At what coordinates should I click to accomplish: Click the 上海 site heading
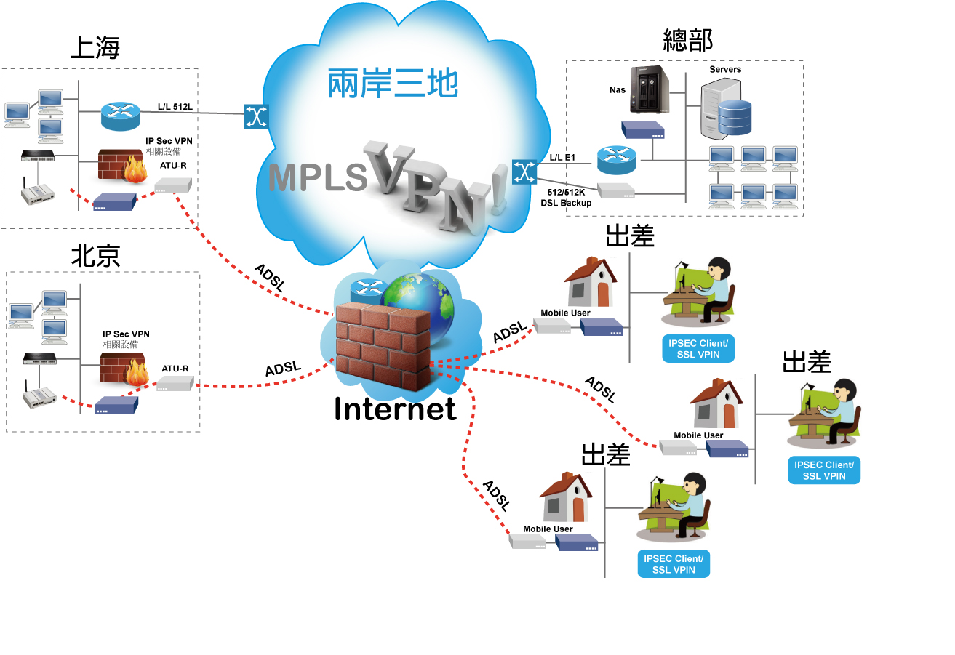click(95, 47)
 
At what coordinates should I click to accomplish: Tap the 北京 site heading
click(95, 255)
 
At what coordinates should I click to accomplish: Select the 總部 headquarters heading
click(687, 40)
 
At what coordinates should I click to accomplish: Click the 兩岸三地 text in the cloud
click(393, 84)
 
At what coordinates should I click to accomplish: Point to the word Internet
click(395, 409)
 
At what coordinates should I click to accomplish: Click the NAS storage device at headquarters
click(648, 89)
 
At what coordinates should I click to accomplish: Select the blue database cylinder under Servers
click(733, 118)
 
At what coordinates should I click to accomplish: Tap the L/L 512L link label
click(175, 108)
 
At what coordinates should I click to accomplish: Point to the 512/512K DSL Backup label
click(566, 198)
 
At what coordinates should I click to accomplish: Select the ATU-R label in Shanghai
click(173, 165)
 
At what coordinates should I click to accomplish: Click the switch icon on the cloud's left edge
click(256, 116)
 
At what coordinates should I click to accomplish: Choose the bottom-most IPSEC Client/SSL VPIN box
click(674, 564)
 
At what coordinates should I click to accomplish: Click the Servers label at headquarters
click(725, 70)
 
